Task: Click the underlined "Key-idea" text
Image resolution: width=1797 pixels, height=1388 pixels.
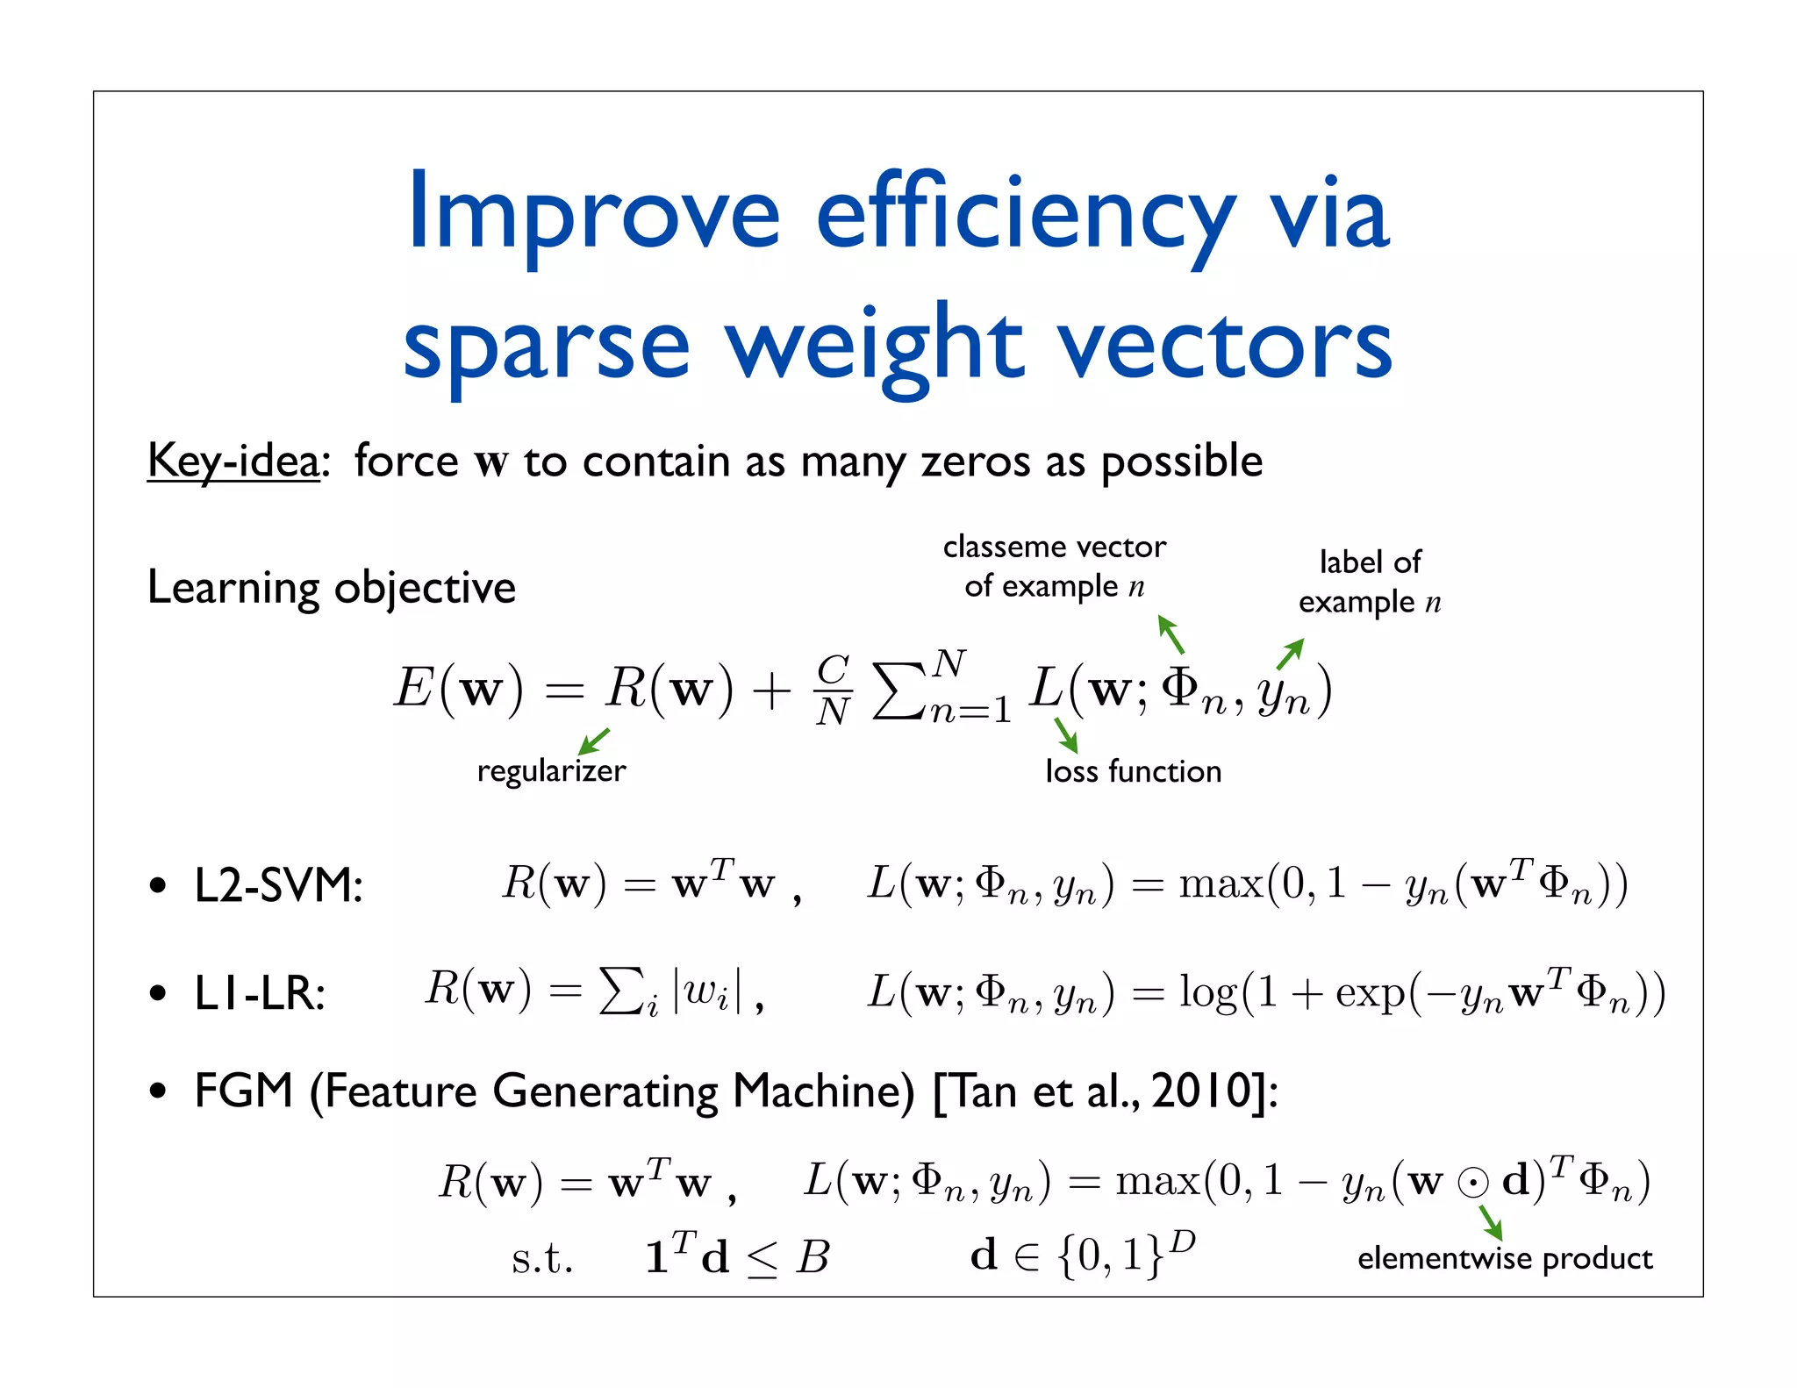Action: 233,461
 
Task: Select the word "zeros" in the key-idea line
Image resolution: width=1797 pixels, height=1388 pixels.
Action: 975,461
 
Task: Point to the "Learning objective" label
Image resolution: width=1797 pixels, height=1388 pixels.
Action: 331,587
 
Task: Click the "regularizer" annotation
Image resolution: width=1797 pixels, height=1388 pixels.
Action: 551,770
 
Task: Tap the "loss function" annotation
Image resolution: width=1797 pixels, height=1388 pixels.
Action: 1133,771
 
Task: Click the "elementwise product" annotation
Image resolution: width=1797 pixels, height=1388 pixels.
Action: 1505,1258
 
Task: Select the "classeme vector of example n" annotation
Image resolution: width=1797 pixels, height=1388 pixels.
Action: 1055,566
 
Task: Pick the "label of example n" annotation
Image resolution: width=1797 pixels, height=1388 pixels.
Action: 1370,582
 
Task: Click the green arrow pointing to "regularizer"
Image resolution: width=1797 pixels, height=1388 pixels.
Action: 594,741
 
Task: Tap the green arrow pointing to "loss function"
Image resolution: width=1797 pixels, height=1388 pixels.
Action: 1065,734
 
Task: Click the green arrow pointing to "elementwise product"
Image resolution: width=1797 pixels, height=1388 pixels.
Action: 1490,1222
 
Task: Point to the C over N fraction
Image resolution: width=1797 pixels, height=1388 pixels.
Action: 833,690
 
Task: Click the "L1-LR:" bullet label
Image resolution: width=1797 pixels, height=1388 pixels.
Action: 260,994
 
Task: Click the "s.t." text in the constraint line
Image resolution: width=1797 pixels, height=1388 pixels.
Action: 542,1258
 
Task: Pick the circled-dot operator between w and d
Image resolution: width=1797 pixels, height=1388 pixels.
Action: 1473,1183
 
